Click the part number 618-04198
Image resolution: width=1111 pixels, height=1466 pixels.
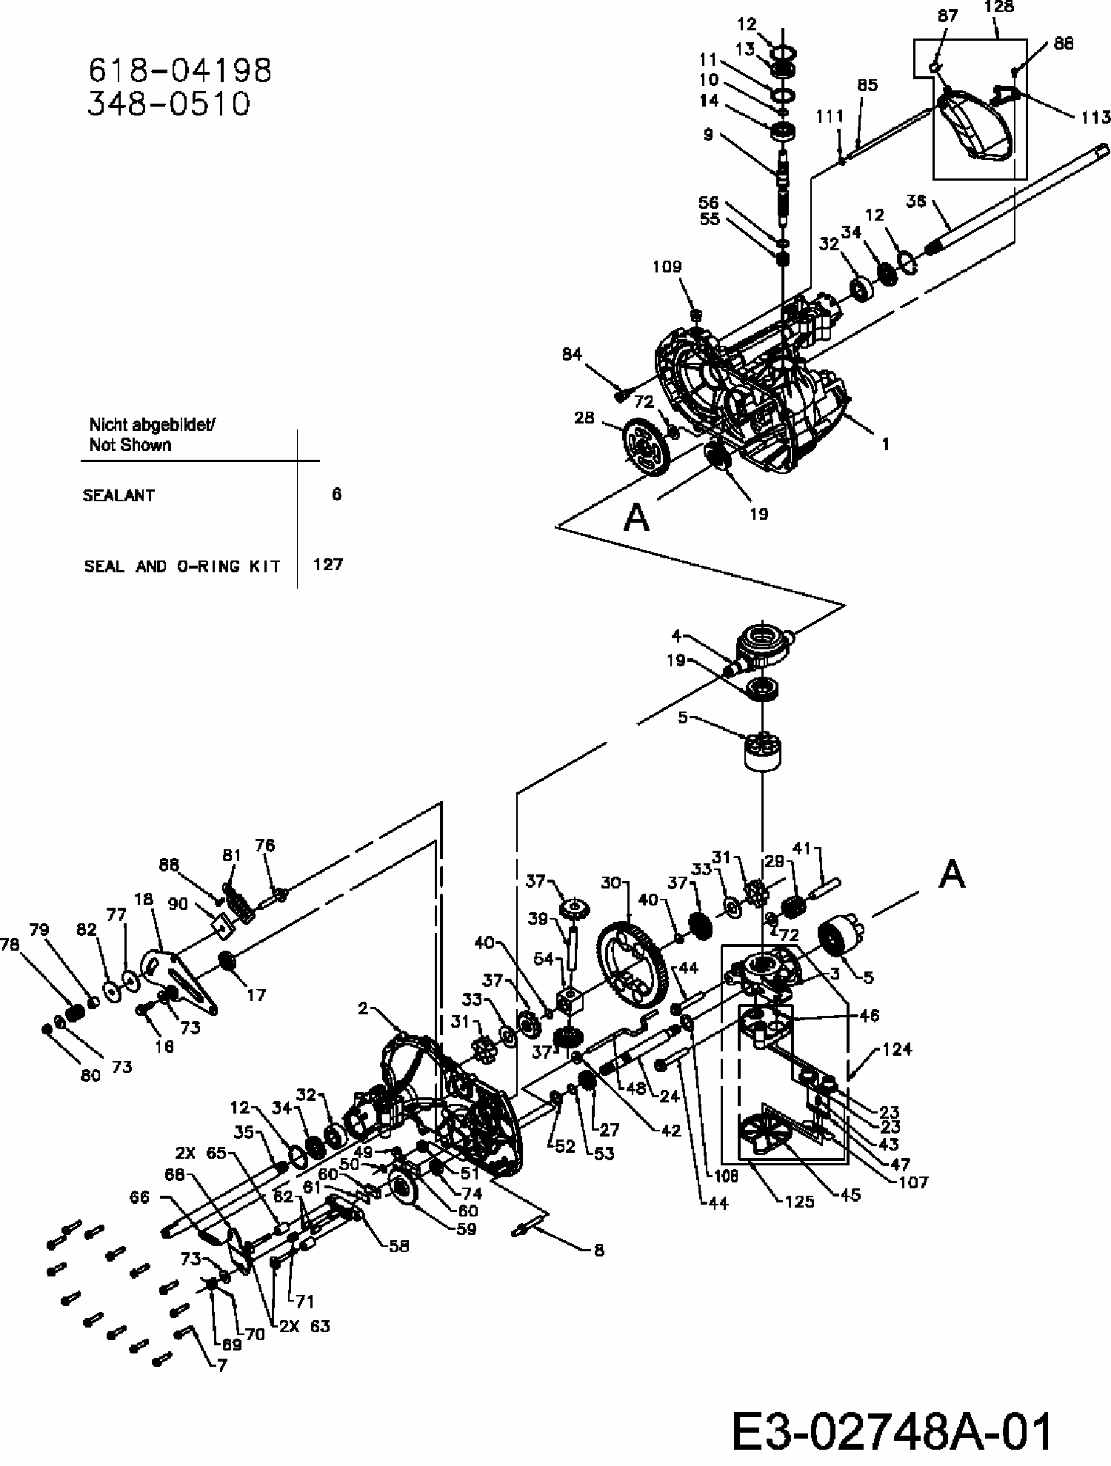point(180,70)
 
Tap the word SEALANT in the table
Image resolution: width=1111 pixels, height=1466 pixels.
point(119,496)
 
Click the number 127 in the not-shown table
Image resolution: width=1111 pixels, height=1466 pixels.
point(327,565)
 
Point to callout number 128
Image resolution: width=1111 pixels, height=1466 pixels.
point(999,7)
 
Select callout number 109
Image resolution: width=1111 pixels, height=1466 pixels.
point(667,267)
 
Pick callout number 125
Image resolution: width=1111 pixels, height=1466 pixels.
point(799,1201)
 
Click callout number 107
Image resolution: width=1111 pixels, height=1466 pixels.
point(912,1182)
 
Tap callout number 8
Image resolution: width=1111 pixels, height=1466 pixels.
point(598,1251)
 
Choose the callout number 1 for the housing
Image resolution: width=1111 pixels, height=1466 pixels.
point(885,444)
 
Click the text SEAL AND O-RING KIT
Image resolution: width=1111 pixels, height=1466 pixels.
point(182,567)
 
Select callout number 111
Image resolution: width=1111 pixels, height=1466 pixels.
point(830,117)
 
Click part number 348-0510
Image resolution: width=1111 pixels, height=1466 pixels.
point(170,104)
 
